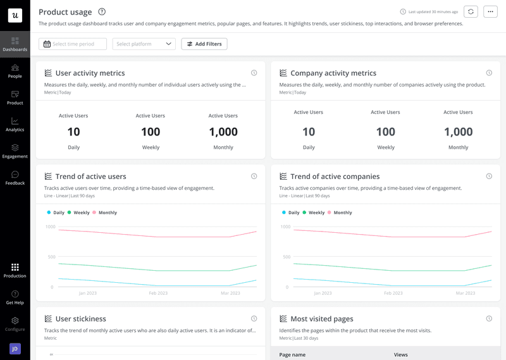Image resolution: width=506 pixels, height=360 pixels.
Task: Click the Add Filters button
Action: [204, 44]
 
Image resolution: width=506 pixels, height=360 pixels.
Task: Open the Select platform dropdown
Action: [144, 44]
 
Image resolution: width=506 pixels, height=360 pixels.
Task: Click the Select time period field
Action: [72, 44]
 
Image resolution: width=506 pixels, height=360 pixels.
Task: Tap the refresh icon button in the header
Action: [471, 11]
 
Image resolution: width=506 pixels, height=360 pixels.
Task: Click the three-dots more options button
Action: [490, 11]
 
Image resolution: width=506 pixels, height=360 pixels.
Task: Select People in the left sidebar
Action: [15, 71]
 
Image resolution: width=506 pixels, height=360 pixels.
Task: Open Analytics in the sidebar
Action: [15, 124]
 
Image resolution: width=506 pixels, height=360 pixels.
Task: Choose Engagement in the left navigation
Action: [15, 151]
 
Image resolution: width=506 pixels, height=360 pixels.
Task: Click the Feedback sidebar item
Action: [15, 178]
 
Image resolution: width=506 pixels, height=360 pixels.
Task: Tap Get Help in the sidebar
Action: [15, 297]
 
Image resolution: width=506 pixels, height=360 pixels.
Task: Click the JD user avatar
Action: [15, 349]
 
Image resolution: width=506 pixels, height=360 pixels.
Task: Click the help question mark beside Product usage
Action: [102, 11]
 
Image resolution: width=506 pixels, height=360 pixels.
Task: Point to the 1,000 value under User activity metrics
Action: [223, 132]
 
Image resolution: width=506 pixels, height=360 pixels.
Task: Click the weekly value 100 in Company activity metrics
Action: [386, 132]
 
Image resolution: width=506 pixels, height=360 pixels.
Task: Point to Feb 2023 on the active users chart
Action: [158, 293]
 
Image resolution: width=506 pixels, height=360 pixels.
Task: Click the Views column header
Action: [401, 355]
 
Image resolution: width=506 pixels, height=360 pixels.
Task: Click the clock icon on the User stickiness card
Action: [254, 319]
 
